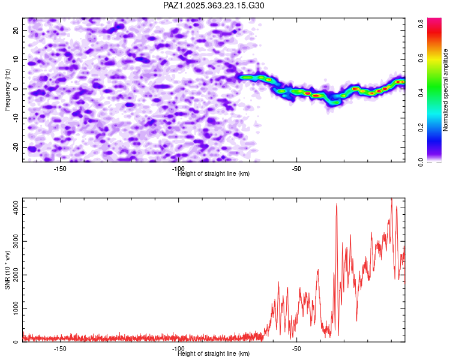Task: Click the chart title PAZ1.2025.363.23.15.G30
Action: [214, 5]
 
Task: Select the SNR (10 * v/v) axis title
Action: [7, 270]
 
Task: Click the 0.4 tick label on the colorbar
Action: [422, 93]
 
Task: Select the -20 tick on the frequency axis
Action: [15, 147]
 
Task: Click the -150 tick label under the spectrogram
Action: [60, 169]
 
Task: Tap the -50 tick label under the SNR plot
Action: [296, 349]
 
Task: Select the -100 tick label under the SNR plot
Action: [178, 349]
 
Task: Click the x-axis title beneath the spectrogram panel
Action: [214, 173]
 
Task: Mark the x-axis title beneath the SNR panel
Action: [214, 353]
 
